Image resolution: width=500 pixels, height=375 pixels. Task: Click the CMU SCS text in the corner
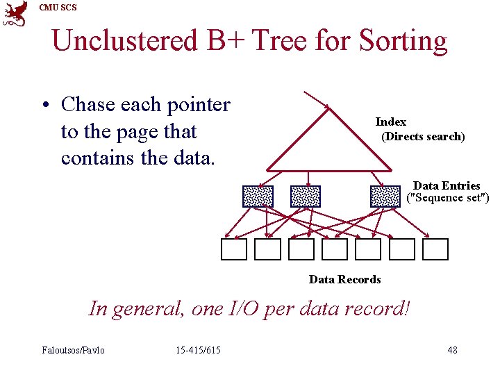(58, 8)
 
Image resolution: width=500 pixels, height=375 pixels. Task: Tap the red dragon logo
(15, 14)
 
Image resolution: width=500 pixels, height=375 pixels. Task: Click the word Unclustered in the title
(125, 41)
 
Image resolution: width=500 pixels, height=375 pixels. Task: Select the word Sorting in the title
(403, 41)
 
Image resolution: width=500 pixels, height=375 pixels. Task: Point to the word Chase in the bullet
(88, 105)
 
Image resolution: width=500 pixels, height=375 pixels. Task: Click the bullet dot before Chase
(43, 106)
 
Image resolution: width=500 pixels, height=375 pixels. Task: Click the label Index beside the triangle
(391, 122)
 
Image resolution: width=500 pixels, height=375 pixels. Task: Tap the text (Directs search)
(423, 136)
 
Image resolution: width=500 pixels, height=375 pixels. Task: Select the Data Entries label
(447, 185)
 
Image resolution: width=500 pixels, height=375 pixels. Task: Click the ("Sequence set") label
(448, 198)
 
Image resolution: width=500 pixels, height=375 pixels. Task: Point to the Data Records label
(344, 279)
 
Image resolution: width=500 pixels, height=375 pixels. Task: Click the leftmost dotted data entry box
(258, 197)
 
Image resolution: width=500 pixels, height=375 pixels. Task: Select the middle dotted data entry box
(305, 197)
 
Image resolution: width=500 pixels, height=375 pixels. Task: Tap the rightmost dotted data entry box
(385, 197)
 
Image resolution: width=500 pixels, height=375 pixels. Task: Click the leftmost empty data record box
(234, 249)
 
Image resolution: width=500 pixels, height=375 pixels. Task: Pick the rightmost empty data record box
(435, 249)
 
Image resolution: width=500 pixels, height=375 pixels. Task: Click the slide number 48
(452, 349)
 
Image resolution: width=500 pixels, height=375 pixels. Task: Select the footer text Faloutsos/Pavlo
(73, 349)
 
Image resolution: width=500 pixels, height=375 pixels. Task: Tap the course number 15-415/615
(198, 349)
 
